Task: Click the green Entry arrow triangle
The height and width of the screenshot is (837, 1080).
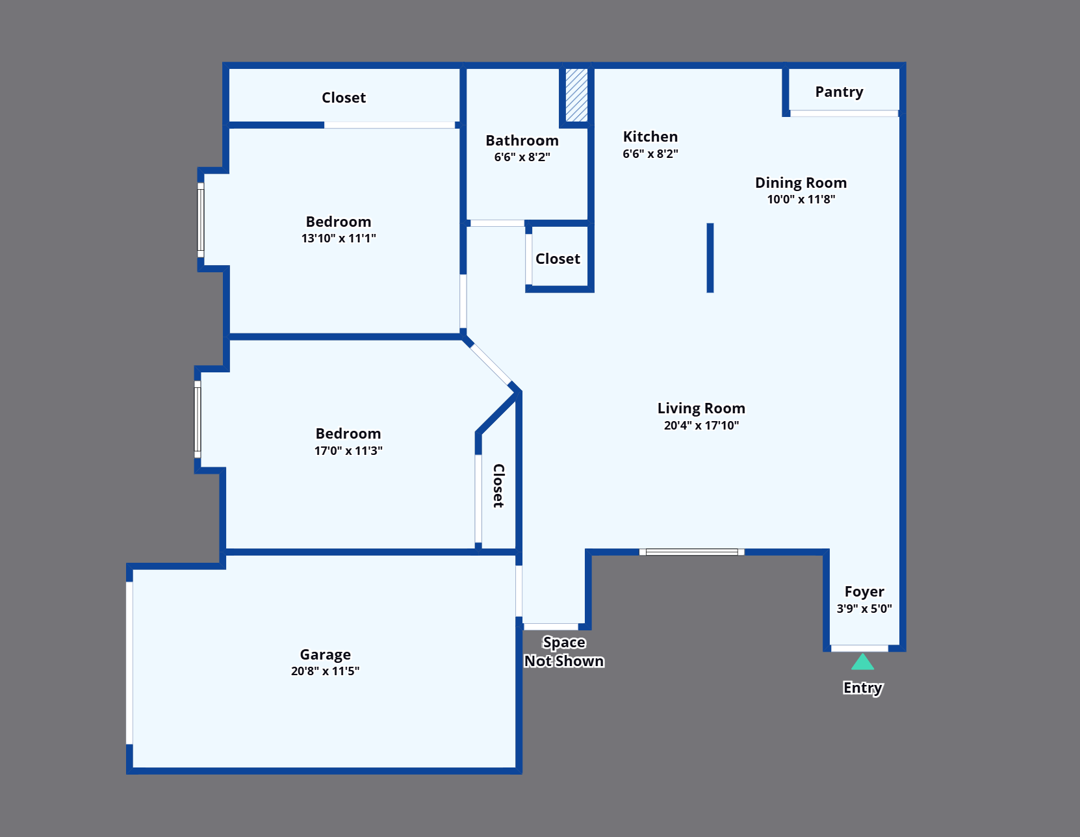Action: (x=862, y=663)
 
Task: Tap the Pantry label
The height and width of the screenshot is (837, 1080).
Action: (x=839, y=92)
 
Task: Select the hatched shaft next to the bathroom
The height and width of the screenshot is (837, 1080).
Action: (x=576, y=95)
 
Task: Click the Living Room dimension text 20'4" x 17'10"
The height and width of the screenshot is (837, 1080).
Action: (x=701, y=426)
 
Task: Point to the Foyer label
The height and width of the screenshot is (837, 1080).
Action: (x=864, y=591)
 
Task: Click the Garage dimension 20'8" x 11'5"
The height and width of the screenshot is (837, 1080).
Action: (x=325, y=671)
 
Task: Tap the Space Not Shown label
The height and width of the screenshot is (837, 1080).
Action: (x=564, y=652)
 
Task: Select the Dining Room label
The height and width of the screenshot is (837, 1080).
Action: (x=801, y=183)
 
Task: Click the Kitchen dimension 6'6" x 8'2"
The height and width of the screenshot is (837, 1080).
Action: (x=650, y=153)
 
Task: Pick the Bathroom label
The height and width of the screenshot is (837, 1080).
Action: (x=522, y=140)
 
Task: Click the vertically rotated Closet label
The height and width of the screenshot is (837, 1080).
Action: (x=498, y=486)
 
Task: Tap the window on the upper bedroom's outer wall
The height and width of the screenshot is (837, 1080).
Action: (x=201, y=220)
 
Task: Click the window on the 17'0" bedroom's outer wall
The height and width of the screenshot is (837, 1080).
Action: (x=198, y=419)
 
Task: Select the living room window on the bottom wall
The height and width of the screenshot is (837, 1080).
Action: (x=691, y=552)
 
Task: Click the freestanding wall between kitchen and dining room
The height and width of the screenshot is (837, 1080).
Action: (x=710, y=257)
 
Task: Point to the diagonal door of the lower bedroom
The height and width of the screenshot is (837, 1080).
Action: (x=491, y=365)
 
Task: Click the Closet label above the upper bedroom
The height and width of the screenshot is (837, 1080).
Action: (x=344, y=98)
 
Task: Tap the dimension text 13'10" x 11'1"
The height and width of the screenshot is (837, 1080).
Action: (x=339, y=238)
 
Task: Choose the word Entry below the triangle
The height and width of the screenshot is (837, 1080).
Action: (x=863, y=688)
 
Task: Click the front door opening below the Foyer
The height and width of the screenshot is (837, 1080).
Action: (x=859, y=648)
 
